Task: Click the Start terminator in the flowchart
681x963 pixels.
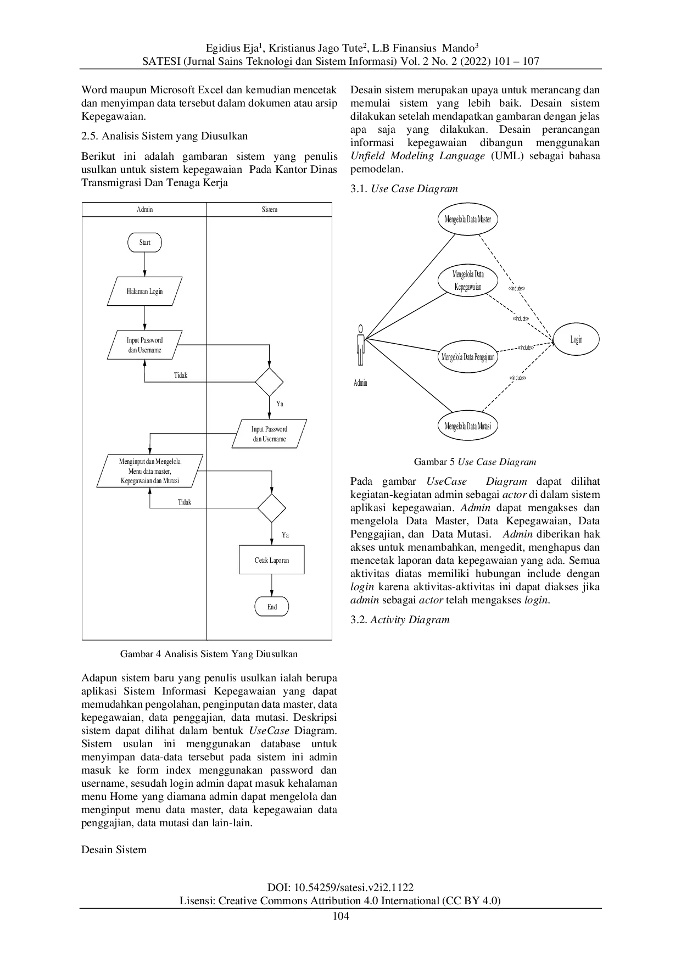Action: click(144, 242)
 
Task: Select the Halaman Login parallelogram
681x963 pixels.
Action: click(144, 291)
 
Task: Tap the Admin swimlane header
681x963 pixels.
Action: click(144, 209)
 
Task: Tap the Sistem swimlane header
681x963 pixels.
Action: click(269, 209)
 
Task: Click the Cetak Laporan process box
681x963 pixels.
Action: click(271, 560)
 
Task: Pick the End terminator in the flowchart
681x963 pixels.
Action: click(272, 607)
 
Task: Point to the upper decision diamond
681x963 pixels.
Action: click(269, 382)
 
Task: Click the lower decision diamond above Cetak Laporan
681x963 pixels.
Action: click(271, 508)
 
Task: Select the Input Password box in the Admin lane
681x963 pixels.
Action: click(144, 345)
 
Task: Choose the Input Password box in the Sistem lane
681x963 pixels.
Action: click(269, 434)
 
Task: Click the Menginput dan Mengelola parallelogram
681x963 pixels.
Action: click(150, 471)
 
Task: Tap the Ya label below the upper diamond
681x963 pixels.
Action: click(280, 404)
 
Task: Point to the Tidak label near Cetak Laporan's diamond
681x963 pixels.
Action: click(185, 502)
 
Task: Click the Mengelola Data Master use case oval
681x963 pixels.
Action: click(467, 219)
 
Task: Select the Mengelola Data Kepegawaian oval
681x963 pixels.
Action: click(467, 281)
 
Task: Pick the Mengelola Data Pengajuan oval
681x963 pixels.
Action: click(467, 357)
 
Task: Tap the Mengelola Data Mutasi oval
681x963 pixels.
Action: click(467, 425)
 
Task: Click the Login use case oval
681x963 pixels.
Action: click(576, 339)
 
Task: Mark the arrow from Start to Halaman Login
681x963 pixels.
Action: click(144, 265)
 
